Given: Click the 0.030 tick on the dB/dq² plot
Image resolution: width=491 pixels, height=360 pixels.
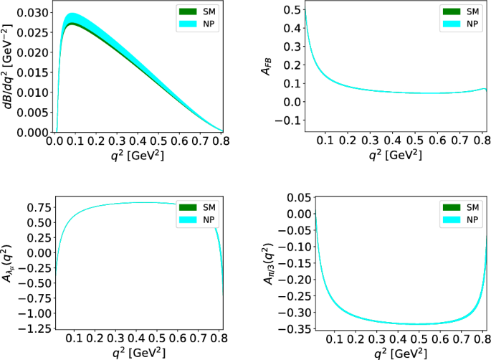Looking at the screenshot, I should pyautogui.click(x=35, y=13).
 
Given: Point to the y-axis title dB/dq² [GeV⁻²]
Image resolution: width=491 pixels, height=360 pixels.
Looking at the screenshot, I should pyautogui.click(x=8, y=70).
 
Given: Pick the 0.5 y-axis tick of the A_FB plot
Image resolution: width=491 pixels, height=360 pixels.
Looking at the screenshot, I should pyautogui.click(x=292, y=9).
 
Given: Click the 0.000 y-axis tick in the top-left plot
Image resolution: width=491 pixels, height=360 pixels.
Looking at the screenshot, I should pyautogui.click(x=35, y=133).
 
